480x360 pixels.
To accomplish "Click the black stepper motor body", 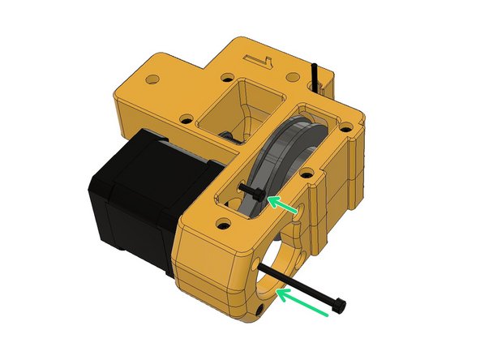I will tap(130, 203).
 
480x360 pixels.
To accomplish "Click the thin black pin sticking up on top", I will tap(315, 78).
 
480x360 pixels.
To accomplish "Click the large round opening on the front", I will tap(276, 259).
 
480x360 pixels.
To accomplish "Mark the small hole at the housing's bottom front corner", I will tap(259, 311).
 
